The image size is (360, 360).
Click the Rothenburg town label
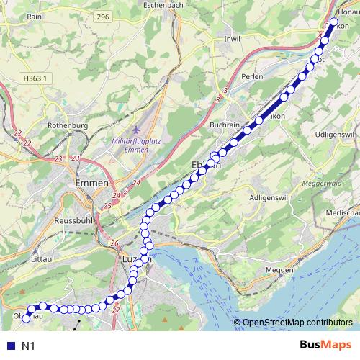click(x=66, y=125)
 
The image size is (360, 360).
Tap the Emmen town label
click(x=91, y=184)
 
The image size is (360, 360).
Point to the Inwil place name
click(x=233, y=38)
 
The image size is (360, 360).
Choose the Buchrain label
click(x=224, y=125)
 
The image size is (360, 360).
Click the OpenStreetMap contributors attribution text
click(x=297, y=323)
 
